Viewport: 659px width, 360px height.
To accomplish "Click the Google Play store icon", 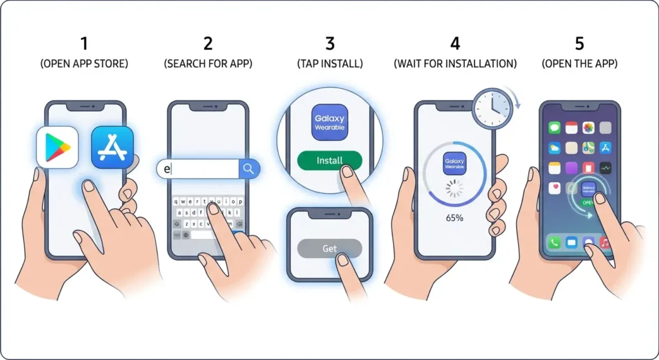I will [x=57, y=147].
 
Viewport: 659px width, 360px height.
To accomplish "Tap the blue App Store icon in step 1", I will [x=112, y=147].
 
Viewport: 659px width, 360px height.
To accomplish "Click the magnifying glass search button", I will [x=249, y=169].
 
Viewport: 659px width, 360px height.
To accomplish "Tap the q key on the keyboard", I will [x=177, y=200].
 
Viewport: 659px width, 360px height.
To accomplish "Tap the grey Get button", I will [x=329, y=249].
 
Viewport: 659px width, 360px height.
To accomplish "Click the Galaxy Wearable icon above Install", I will [x=329, y=122].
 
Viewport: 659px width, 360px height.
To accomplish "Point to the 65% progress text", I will [x=455, y=218].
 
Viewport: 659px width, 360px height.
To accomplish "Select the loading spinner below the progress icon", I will [x=455, y=188].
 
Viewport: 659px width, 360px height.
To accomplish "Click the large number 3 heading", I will [x=329, y=43].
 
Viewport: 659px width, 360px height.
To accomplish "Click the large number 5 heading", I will [x=579, y=43].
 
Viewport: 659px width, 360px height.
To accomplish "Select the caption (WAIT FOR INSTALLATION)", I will [x=455, y=64].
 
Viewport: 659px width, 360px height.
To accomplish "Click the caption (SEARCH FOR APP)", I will [x=208, y=64].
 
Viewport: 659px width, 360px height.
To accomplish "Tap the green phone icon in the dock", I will [x=554, y=243].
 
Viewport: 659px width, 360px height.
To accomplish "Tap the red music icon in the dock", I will [x=605, y=243].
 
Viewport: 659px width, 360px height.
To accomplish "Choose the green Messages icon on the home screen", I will [x=554, y=128].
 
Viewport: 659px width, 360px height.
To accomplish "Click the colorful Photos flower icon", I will [x=588, y=128].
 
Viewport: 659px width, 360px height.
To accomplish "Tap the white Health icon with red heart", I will [x=554, y=188].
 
